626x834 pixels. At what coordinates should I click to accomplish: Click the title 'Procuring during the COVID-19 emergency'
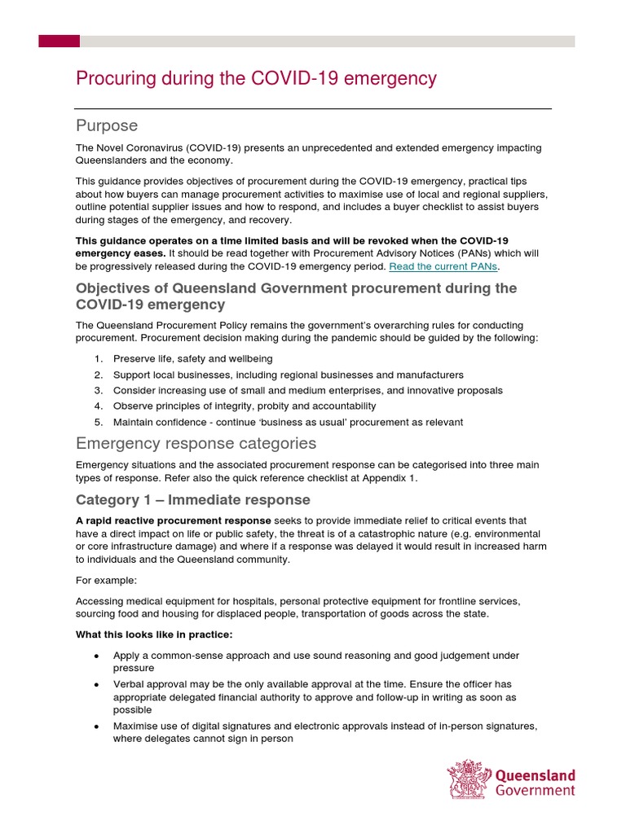[x=256, y=79]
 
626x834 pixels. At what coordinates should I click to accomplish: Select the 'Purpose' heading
[x=107, y=125]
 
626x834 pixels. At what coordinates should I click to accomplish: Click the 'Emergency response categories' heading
[x=196, y=444]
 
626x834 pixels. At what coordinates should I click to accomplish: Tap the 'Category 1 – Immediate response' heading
[x=193, y=499]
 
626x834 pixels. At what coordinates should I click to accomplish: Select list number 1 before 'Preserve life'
[x=98, y=358]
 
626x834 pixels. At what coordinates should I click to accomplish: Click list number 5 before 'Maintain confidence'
[x=98, y=422]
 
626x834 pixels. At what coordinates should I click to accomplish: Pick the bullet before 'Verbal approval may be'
[x=97, y=684]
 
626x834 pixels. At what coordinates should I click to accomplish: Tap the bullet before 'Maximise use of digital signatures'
[x=97, y=726]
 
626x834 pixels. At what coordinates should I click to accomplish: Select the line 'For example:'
[x=106, y=580]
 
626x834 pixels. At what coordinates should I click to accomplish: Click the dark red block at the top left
[x=60, y=41]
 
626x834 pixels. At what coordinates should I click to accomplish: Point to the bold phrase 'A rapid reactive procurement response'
[x=174, y=520]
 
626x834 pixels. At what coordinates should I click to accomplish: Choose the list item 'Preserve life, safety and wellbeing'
[x=192, y=358]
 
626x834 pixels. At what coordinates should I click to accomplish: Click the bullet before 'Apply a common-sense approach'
[x=97, y=656]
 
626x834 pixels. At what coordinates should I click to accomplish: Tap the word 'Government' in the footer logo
[x=536, y=790]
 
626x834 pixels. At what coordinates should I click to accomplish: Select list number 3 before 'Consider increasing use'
[x=98, y=390]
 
